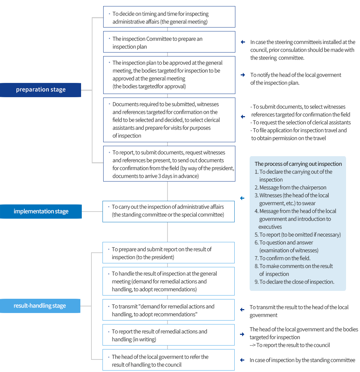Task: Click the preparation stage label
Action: point(41,90)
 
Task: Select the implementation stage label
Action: point(41,211)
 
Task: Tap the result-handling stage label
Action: point(40,306)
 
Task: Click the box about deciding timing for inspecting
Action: point(169,17)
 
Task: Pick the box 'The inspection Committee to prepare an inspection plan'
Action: point(169,42)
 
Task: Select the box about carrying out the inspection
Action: point(169,211)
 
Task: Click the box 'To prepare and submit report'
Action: point(169,253)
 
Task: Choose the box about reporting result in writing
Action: point(169,335)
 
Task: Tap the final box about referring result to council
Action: point(169,360)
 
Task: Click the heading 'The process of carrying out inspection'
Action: point(298,164)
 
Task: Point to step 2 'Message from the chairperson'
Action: point(292,188)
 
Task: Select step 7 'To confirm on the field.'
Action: point(285,258)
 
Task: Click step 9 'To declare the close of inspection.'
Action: point(296,282)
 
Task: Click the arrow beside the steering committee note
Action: point(243,42)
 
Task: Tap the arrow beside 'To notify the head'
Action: point(243,75)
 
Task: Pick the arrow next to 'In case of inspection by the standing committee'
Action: point(242,360)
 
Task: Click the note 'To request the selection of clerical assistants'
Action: point(301,123)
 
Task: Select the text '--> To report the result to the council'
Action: point(290,345)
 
